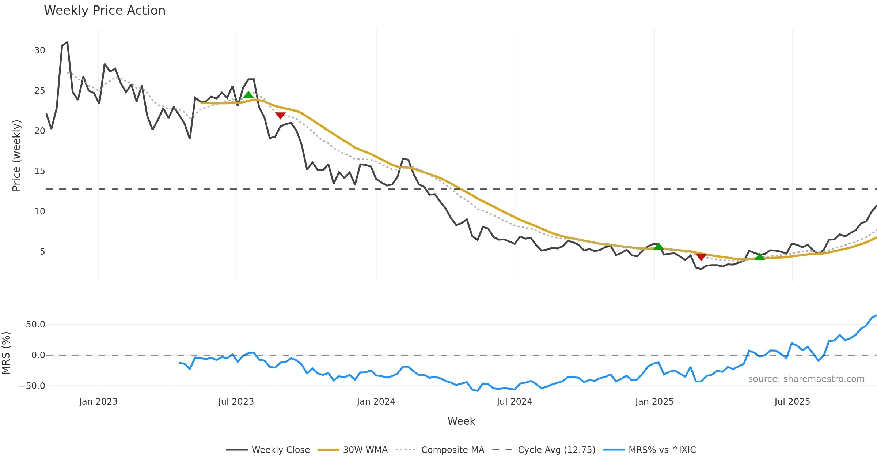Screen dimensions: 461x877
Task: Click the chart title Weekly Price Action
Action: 105,11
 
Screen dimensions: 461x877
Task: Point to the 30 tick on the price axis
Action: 39,50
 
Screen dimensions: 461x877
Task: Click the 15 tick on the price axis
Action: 39,171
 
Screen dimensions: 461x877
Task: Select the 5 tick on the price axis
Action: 42,252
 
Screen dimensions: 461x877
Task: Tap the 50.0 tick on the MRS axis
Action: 35,325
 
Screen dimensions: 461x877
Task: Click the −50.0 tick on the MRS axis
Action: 32,386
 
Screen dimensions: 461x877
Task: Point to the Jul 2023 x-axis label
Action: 236,402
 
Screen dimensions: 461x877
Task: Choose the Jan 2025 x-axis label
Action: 654,402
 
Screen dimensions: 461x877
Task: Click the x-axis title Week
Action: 461,421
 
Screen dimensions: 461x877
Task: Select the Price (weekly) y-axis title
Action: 16,155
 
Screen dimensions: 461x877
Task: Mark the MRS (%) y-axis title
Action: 6,353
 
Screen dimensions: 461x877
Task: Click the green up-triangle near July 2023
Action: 248,95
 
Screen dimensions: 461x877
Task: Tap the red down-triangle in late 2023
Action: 280,116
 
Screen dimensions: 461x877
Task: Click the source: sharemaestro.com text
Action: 806,379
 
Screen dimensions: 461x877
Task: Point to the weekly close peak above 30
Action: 67,42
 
